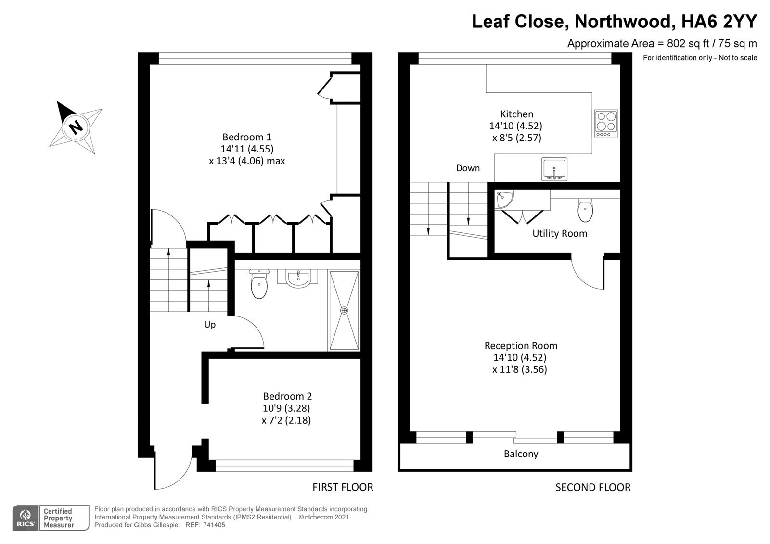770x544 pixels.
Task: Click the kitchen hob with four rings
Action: [606, 123]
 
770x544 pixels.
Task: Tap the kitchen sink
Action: [554, 169]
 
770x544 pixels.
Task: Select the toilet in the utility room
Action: [585, 210]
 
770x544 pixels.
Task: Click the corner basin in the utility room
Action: [503, 199]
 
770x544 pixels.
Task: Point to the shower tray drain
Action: [344, 311]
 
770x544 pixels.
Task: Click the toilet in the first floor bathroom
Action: [259, 284]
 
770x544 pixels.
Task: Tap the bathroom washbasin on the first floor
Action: [298, 278]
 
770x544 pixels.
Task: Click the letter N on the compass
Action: [76, 127]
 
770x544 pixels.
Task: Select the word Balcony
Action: [521, 454]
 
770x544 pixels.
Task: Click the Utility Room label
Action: [560, 234]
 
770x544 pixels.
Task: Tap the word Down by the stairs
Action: [468, 168]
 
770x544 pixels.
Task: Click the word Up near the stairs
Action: [210, 325]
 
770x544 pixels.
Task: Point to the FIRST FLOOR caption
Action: [343, 487]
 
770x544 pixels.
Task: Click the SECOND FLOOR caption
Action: [593, 487]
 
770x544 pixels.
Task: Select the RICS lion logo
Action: [26, 518]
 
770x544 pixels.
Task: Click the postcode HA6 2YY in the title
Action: [719, 21]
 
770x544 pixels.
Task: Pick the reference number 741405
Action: [214, 525]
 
